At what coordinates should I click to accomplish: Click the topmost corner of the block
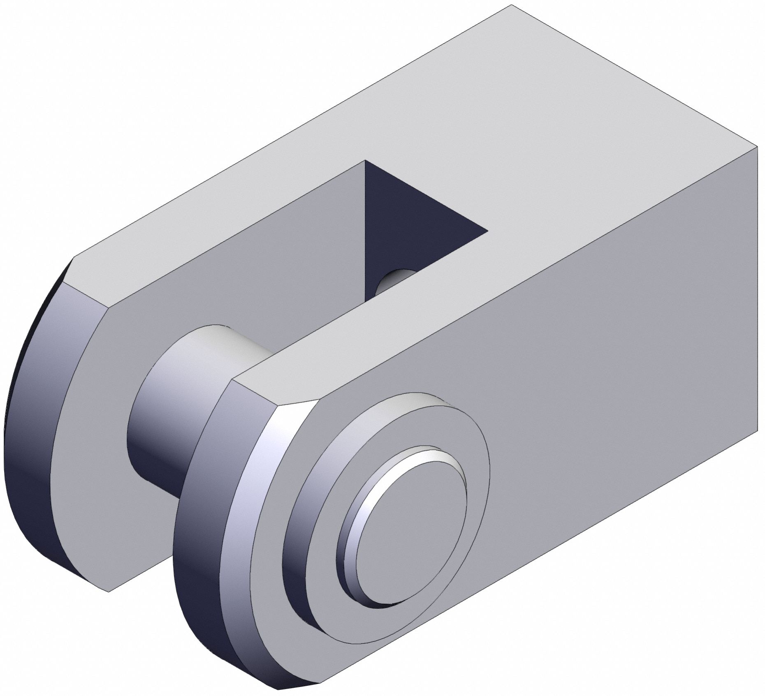click(x=511, y=5)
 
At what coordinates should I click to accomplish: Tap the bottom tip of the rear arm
click(x=109, y=591)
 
